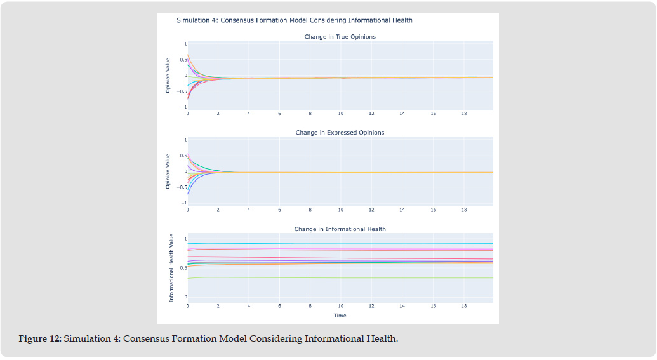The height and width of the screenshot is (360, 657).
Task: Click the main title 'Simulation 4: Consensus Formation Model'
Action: click(x=294, y=20)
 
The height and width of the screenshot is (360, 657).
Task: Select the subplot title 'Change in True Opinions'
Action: click(x=340, y=37)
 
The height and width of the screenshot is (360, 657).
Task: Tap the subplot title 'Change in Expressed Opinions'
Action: click(x=340, y=133)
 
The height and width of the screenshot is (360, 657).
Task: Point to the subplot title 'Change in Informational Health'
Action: click(x=340, y=229)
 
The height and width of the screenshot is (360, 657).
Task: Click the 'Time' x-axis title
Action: click(x=340, y=315)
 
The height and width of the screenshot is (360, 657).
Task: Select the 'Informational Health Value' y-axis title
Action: click(x=171, y=267)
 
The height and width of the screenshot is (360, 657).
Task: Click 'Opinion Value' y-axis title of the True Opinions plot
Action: click(x=168, y=76)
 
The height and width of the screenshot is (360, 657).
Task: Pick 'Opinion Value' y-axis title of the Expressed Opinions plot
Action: click(x=168, y=171)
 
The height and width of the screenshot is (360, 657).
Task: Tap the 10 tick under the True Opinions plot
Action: click(x=341, y=114)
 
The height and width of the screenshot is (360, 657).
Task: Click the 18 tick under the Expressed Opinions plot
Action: click(x=464, y=210)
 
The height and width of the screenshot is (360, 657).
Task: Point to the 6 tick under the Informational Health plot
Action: click(x=279, y=305)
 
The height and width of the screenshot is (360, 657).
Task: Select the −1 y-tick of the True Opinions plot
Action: click(x=184, y=107)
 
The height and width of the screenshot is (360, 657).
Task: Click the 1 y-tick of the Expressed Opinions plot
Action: click(x=185, y=140)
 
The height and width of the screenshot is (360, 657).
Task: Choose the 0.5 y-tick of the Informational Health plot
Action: click(x=183, y=267)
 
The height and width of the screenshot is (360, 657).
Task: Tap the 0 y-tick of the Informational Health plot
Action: click(x=185, y=297)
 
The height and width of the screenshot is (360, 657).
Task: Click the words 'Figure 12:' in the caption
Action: click(x=40, y=338)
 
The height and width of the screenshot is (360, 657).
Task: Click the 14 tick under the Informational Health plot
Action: click(x=402, y=305)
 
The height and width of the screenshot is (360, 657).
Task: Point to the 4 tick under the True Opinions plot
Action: click(x=249, y=114)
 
